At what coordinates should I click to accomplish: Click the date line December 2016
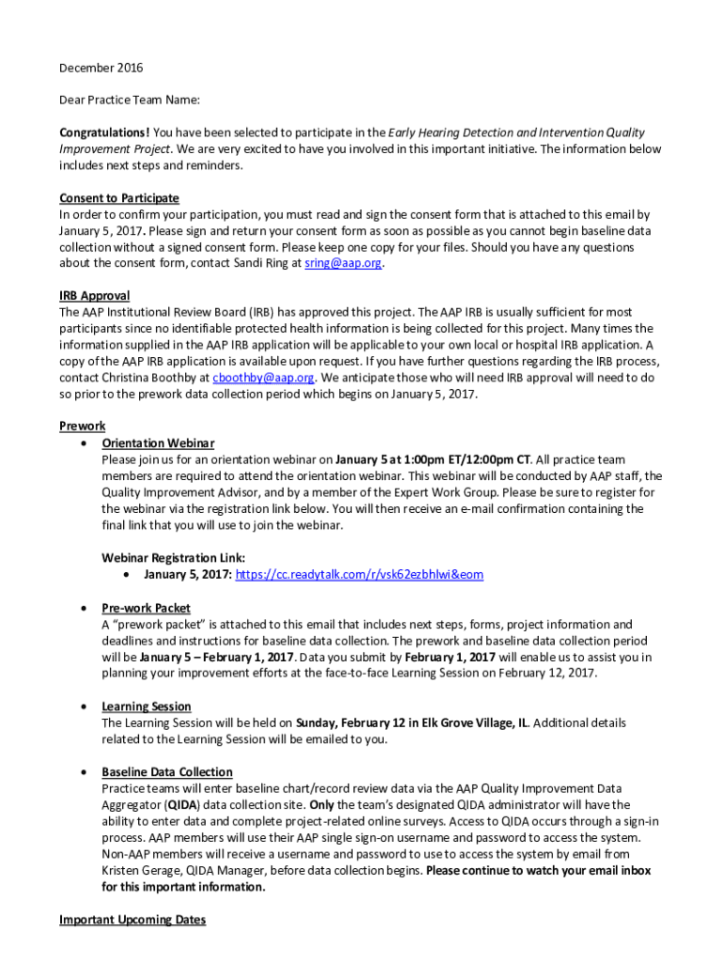click(x=101, y=68)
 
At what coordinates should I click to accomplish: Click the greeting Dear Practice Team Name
click(x=130, y=100)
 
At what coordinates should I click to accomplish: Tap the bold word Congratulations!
click(x=104, y=132)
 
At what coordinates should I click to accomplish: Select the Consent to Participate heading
click(x=119, y=198)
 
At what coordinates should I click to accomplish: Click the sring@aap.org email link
click(x=344, y=264)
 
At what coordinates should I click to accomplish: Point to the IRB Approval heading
click(x=95, y=296)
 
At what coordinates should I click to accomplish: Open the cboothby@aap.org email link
click(x=264, y=378)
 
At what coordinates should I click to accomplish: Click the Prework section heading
click(x=83, y=427)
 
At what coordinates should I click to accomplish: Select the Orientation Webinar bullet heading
click(x=158, y=442)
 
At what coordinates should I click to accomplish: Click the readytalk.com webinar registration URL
click(x=359, y=574)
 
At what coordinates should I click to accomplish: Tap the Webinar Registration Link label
click(x=173, y=557)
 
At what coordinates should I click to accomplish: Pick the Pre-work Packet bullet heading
click(x=146, y=608)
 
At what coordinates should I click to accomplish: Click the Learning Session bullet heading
click(x=146, y=706)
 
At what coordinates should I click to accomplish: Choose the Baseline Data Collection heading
click(x=167, y=772)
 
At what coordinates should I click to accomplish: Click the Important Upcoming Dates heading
click(x=132, y=920)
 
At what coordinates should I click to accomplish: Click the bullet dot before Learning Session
click(x=85, y=706)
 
